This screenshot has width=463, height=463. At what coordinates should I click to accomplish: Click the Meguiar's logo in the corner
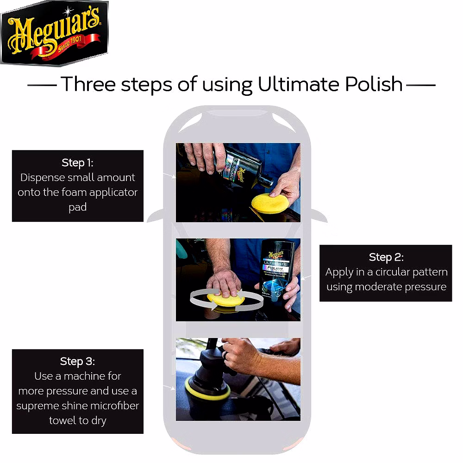coord(54,32)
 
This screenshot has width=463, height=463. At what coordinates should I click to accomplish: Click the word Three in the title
coord(88,84)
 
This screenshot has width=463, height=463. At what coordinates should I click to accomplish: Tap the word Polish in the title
coord(374,84)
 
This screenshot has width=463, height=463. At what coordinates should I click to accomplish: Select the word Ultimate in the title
coord(299,84)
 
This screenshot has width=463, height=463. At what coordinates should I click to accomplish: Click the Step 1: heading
coord(77,163)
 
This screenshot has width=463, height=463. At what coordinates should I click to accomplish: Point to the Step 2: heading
coord(386,257)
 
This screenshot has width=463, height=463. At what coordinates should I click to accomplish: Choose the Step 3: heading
coord(77,362)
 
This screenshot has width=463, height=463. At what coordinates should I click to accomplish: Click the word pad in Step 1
coord(78,207)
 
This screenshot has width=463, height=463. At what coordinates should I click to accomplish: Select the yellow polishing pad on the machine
coord(206,390)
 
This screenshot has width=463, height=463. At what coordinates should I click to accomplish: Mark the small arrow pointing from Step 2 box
coord(306,278)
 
